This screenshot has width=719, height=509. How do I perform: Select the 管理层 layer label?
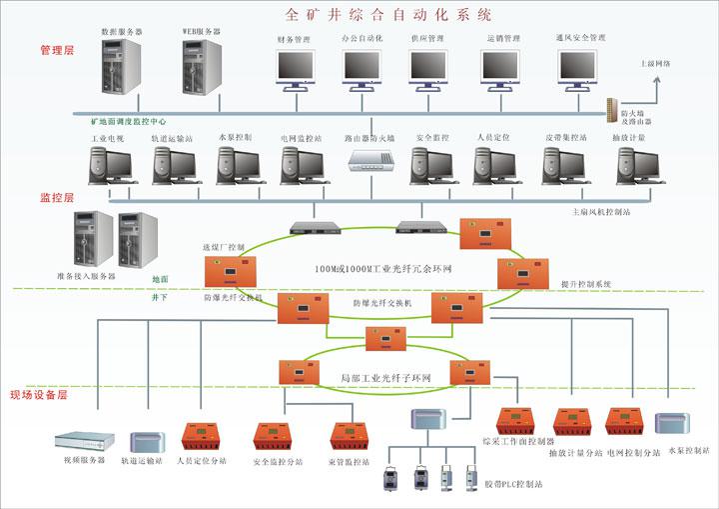57,50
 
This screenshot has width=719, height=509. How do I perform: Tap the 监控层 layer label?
56,198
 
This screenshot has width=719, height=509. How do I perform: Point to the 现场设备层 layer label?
37,396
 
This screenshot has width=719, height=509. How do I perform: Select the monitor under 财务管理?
295,65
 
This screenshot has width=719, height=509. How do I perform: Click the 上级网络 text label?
655,63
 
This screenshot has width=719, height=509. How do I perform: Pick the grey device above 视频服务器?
79,440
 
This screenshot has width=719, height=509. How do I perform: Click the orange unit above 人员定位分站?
203,437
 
